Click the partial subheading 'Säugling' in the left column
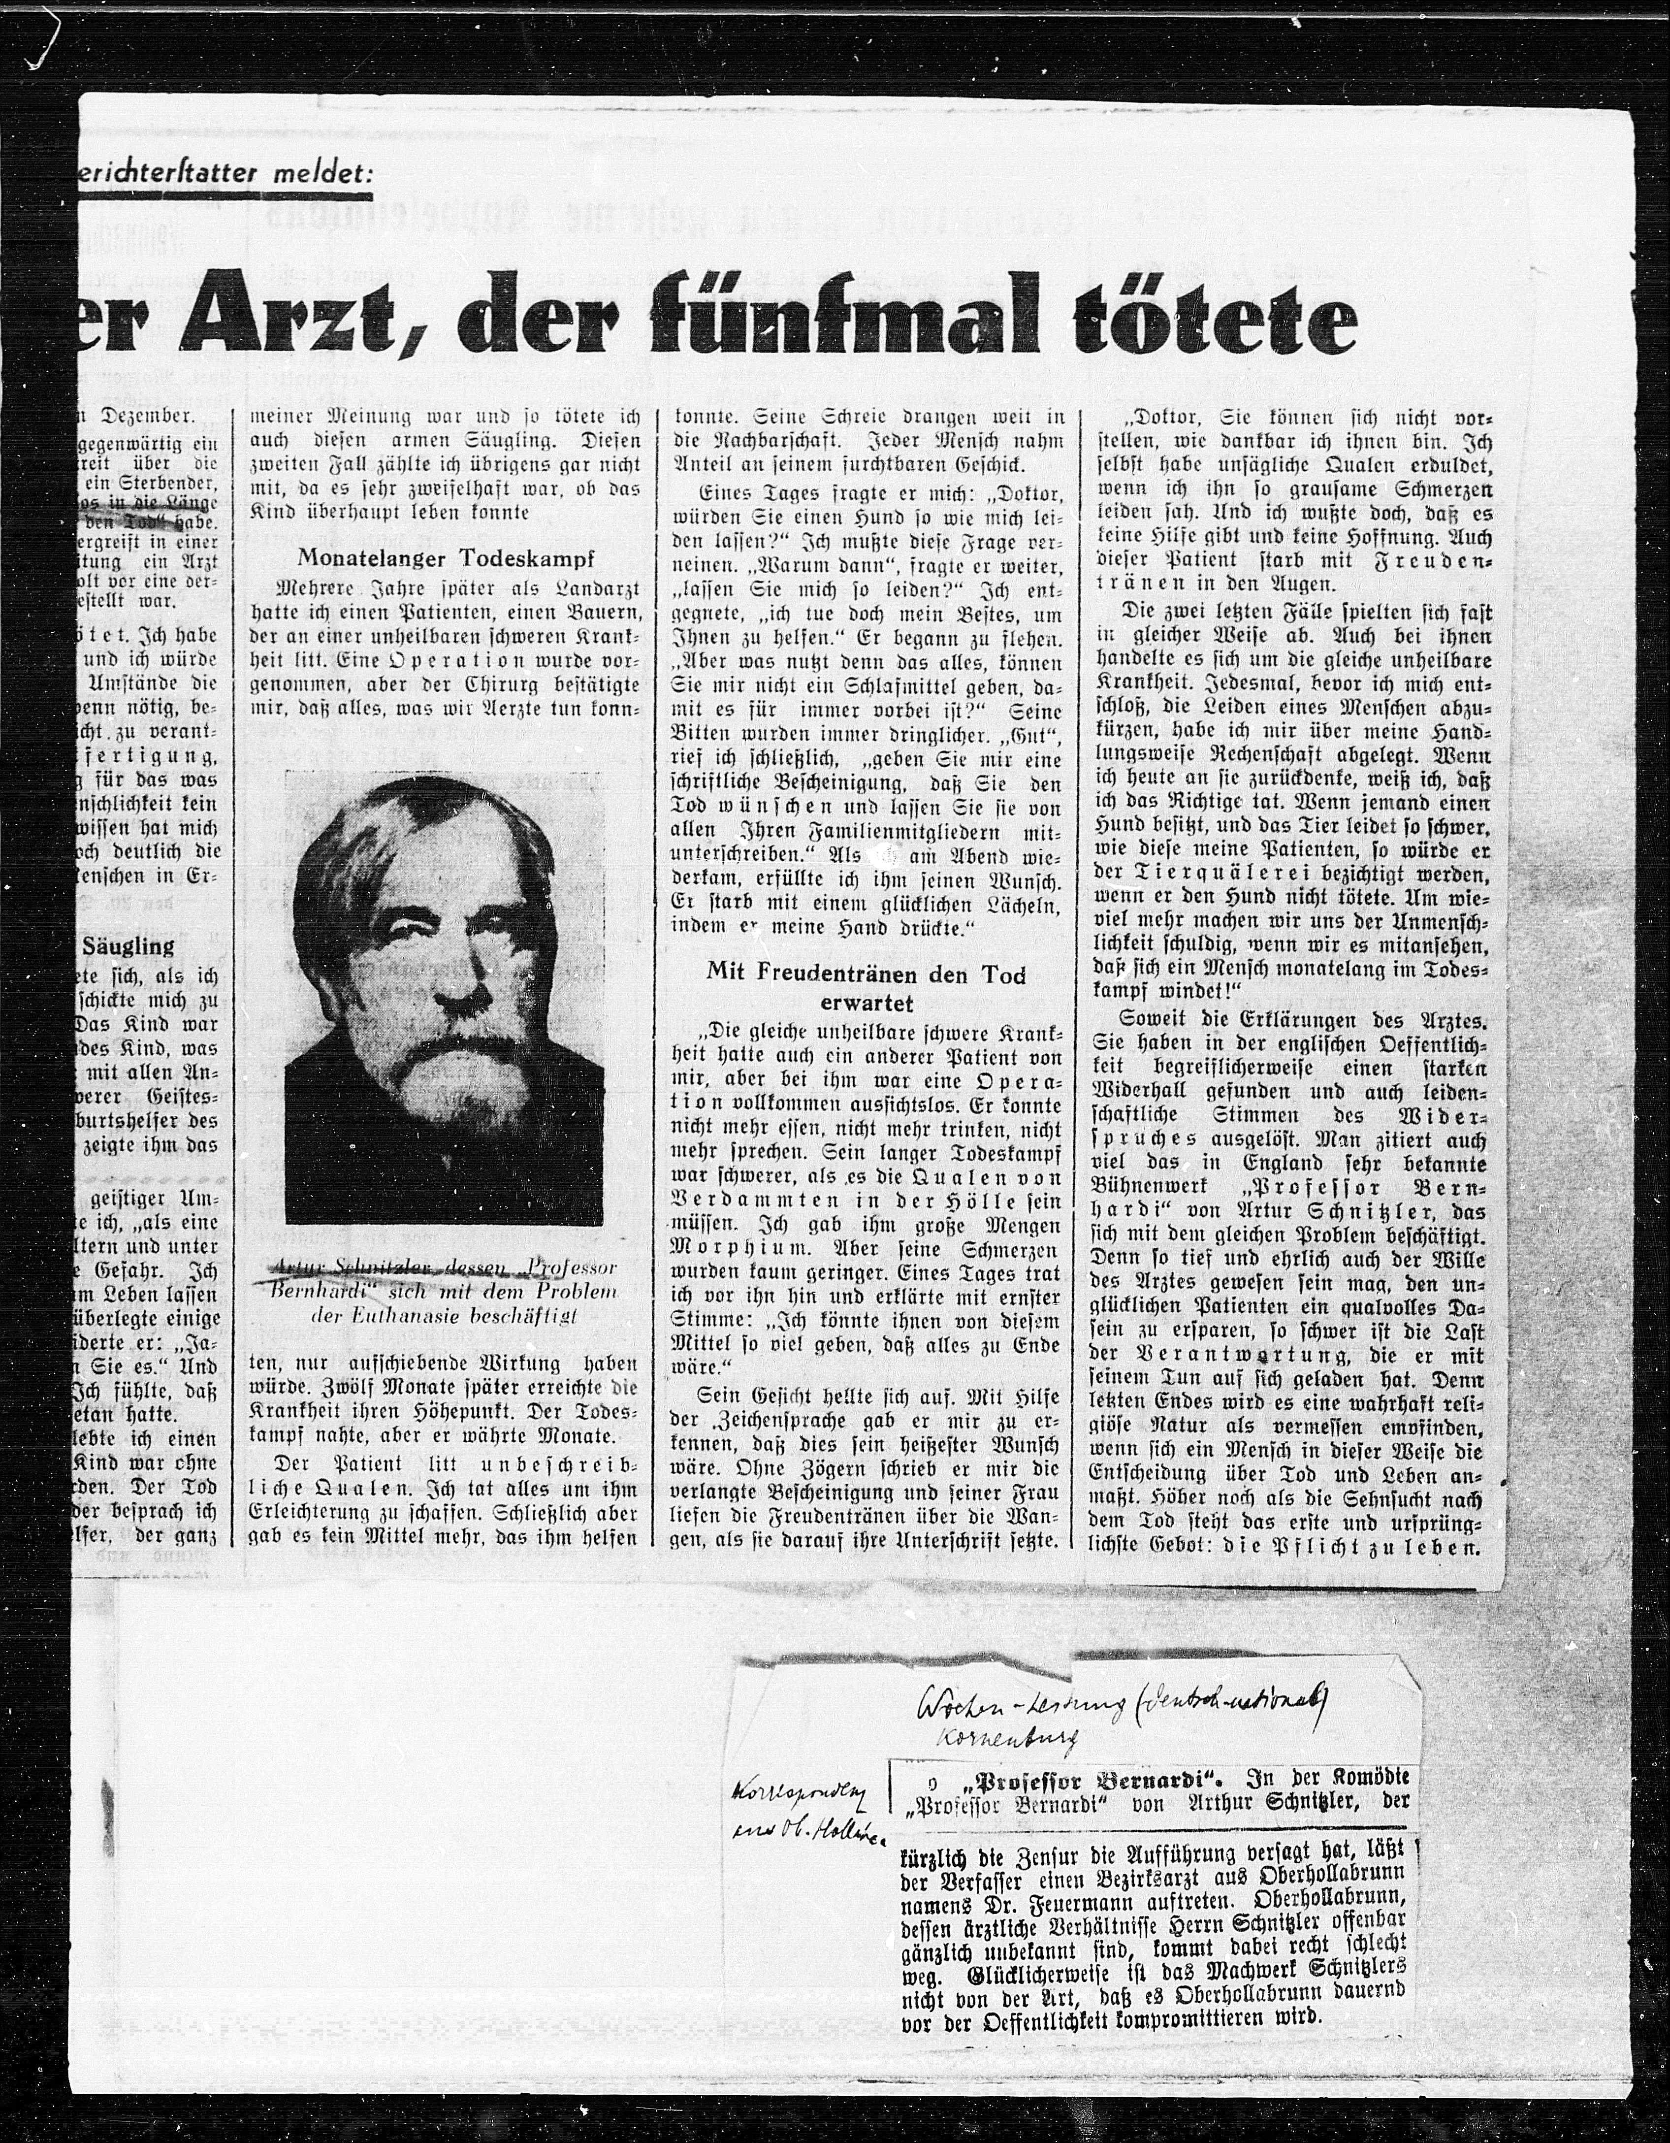click(128, 947)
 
